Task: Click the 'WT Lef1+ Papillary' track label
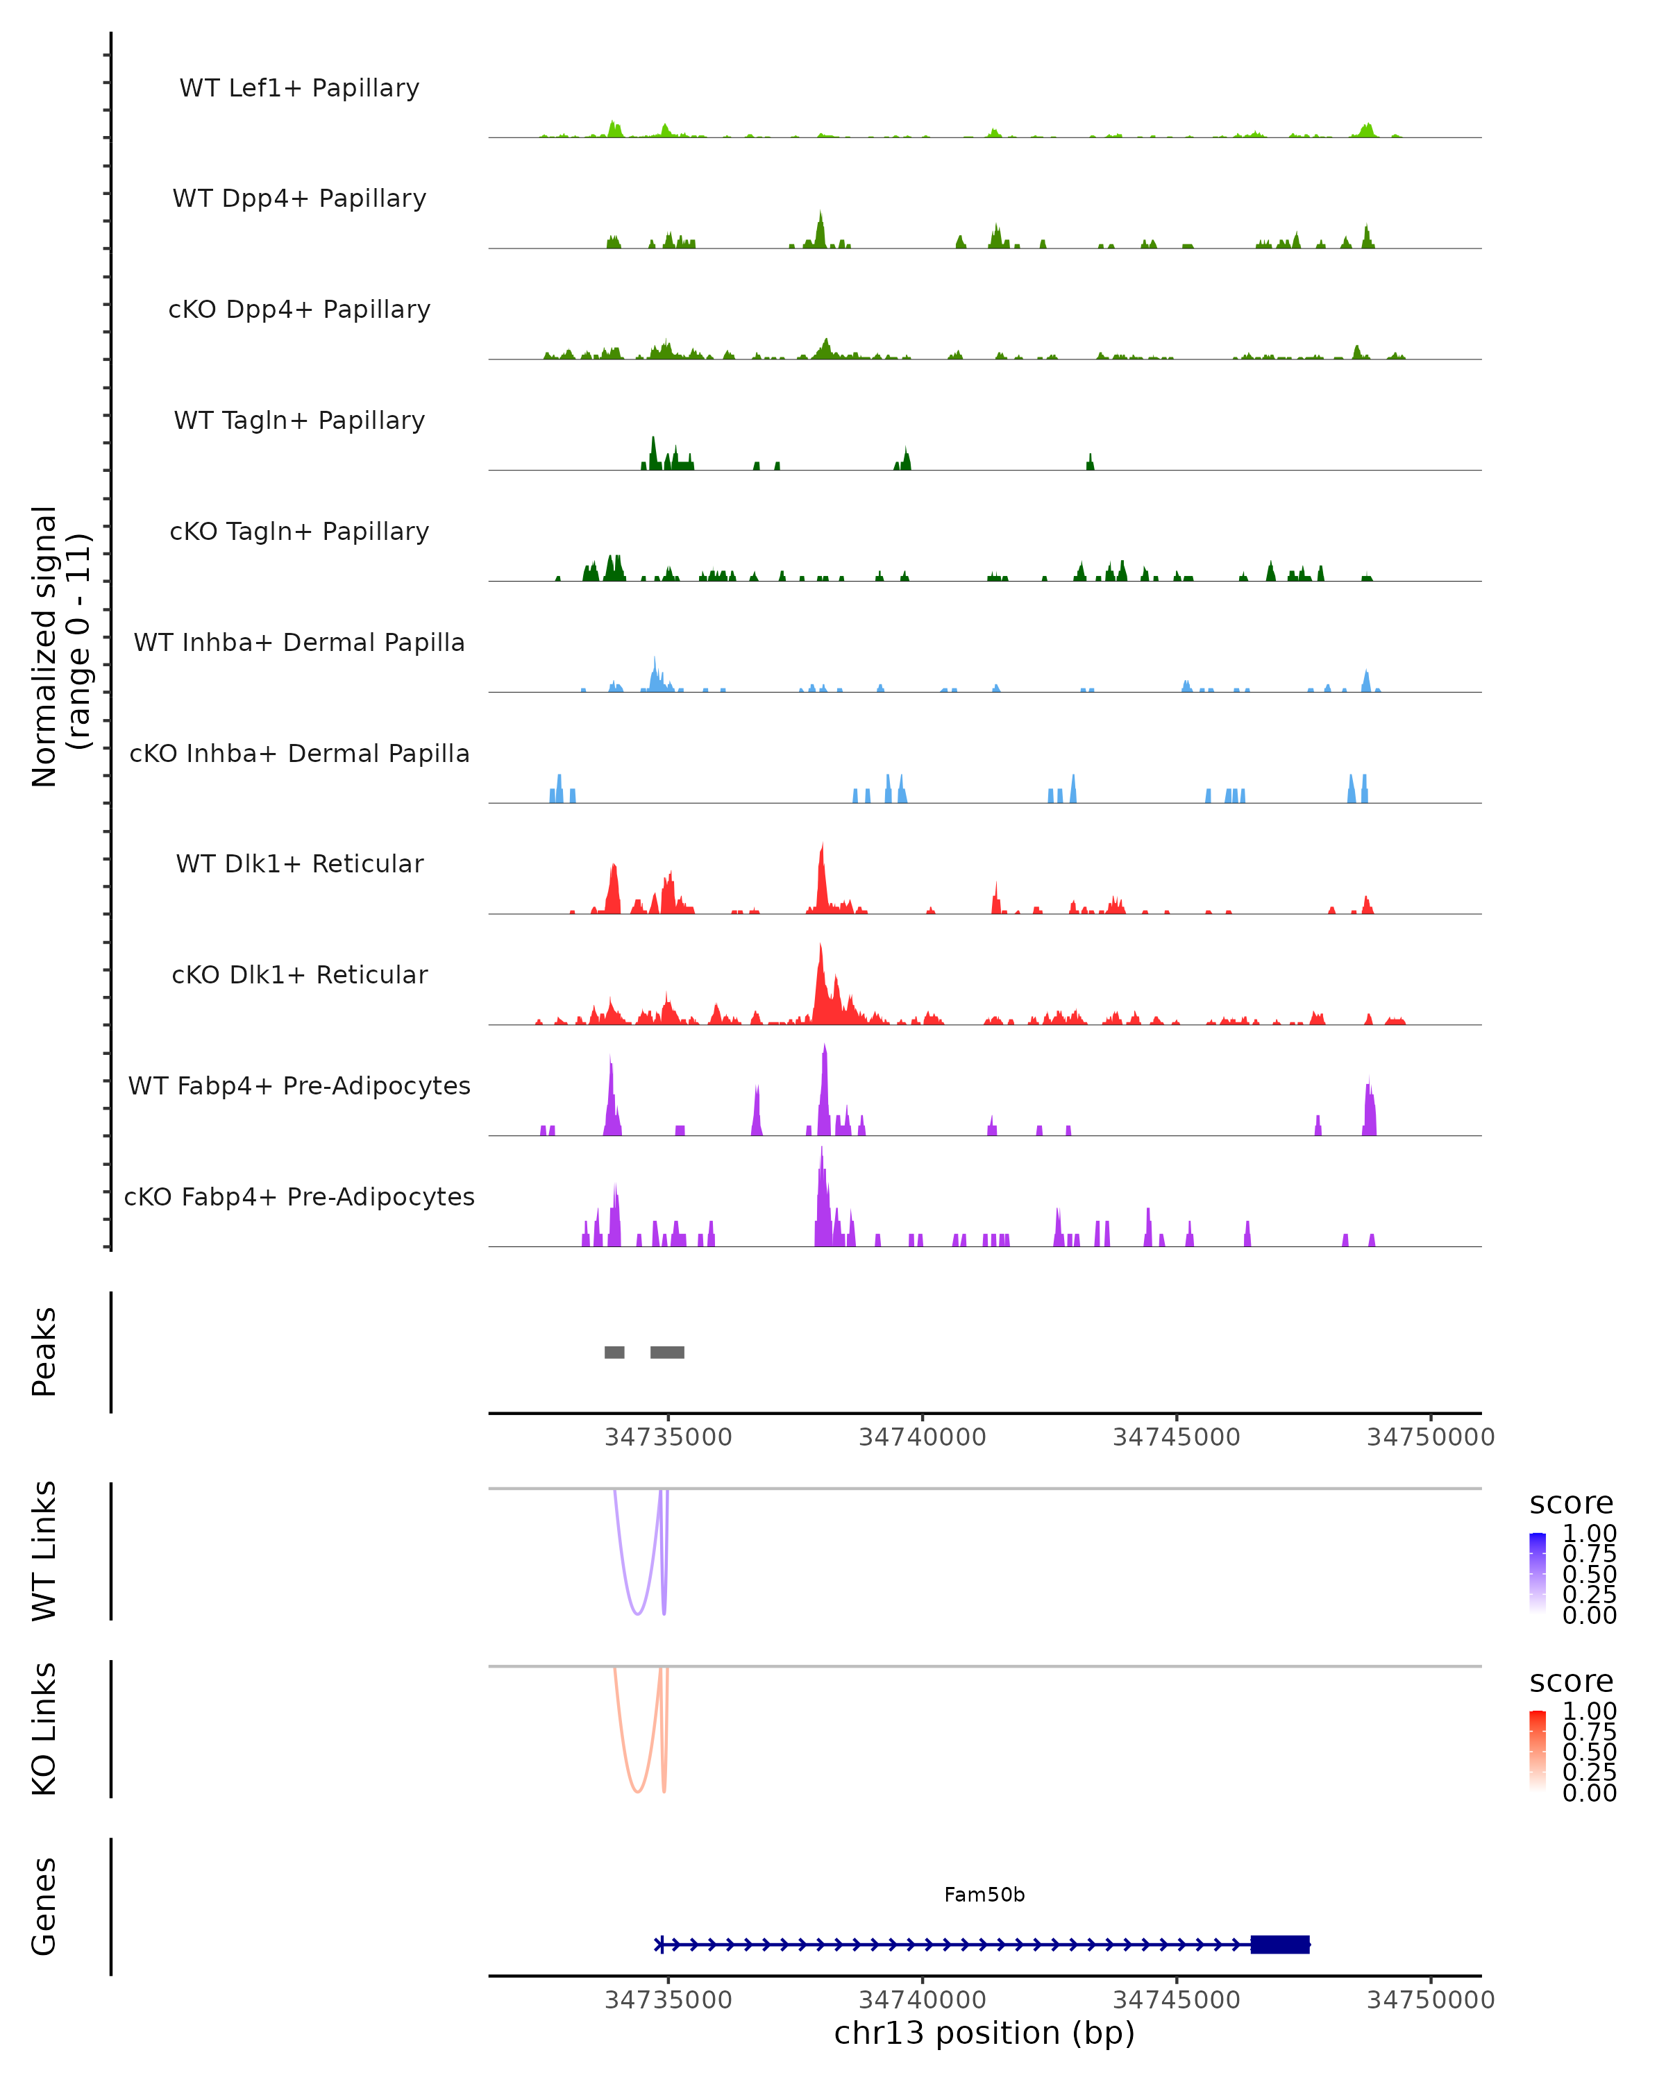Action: (x=299, y=88)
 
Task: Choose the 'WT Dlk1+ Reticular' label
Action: (x=299, y=863)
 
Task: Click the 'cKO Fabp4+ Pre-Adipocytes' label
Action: (x=299, y=1196)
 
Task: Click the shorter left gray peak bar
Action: (x=614, y=1352)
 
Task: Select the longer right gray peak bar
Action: (x=667, y=1352)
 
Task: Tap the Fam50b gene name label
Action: (x=984, y=1895)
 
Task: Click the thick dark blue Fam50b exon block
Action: (x=1279, y=1944)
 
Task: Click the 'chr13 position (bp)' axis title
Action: (x=984, y=2033)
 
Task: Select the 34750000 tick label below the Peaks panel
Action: (x=1431, y=1437)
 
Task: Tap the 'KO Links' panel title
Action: (x=44, y=1729)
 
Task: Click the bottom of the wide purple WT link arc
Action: (x=637, y=1613)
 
